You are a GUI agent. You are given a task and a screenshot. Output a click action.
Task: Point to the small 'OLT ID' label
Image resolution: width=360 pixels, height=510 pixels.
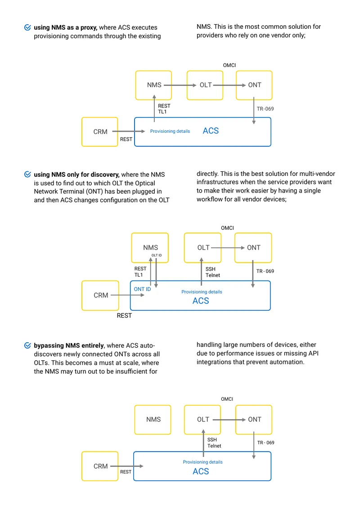(157, 255)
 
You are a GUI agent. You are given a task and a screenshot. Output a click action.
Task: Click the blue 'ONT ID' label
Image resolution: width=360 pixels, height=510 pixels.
(142, 289)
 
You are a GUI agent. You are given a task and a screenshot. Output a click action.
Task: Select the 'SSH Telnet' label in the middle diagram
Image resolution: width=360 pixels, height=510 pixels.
(212, 272)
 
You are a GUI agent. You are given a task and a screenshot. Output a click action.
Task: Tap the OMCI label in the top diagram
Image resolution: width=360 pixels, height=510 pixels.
(229, 65)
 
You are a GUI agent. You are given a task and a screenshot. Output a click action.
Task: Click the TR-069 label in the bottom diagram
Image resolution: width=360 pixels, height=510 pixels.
(265, 443)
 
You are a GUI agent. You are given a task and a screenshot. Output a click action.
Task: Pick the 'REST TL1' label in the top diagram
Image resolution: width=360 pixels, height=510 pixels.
(164, 109)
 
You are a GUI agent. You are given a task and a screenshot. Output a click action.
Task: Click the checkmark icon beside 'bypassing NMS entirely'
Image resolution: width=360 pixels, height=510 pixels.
(27, 345)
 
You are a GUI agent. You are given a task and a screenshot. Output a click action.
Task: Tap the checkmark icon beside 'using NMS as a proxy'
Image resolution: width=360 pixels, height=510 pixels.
(27, 27)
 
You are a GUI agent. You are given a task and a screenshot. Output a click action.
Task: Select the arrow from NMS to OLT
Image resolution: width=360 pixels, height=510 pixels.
(180, 85)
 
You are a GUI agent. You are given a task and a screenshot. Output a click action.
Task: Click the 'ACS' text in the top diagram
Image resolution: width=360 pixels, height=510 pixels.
(211, 131)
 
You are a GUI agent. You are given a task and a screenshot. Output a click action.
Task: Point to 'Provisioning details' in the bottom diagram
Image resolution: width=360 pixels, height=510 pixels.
(203, 462)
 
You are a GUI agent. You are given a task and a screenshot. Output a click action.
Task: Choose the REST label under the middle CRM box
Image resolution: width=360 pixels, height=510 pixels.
(124, 316)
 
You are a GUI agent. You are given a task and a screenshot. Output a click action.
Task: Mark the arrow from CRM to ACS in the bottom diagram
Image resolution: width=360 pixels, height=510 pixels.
(126, 466)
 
